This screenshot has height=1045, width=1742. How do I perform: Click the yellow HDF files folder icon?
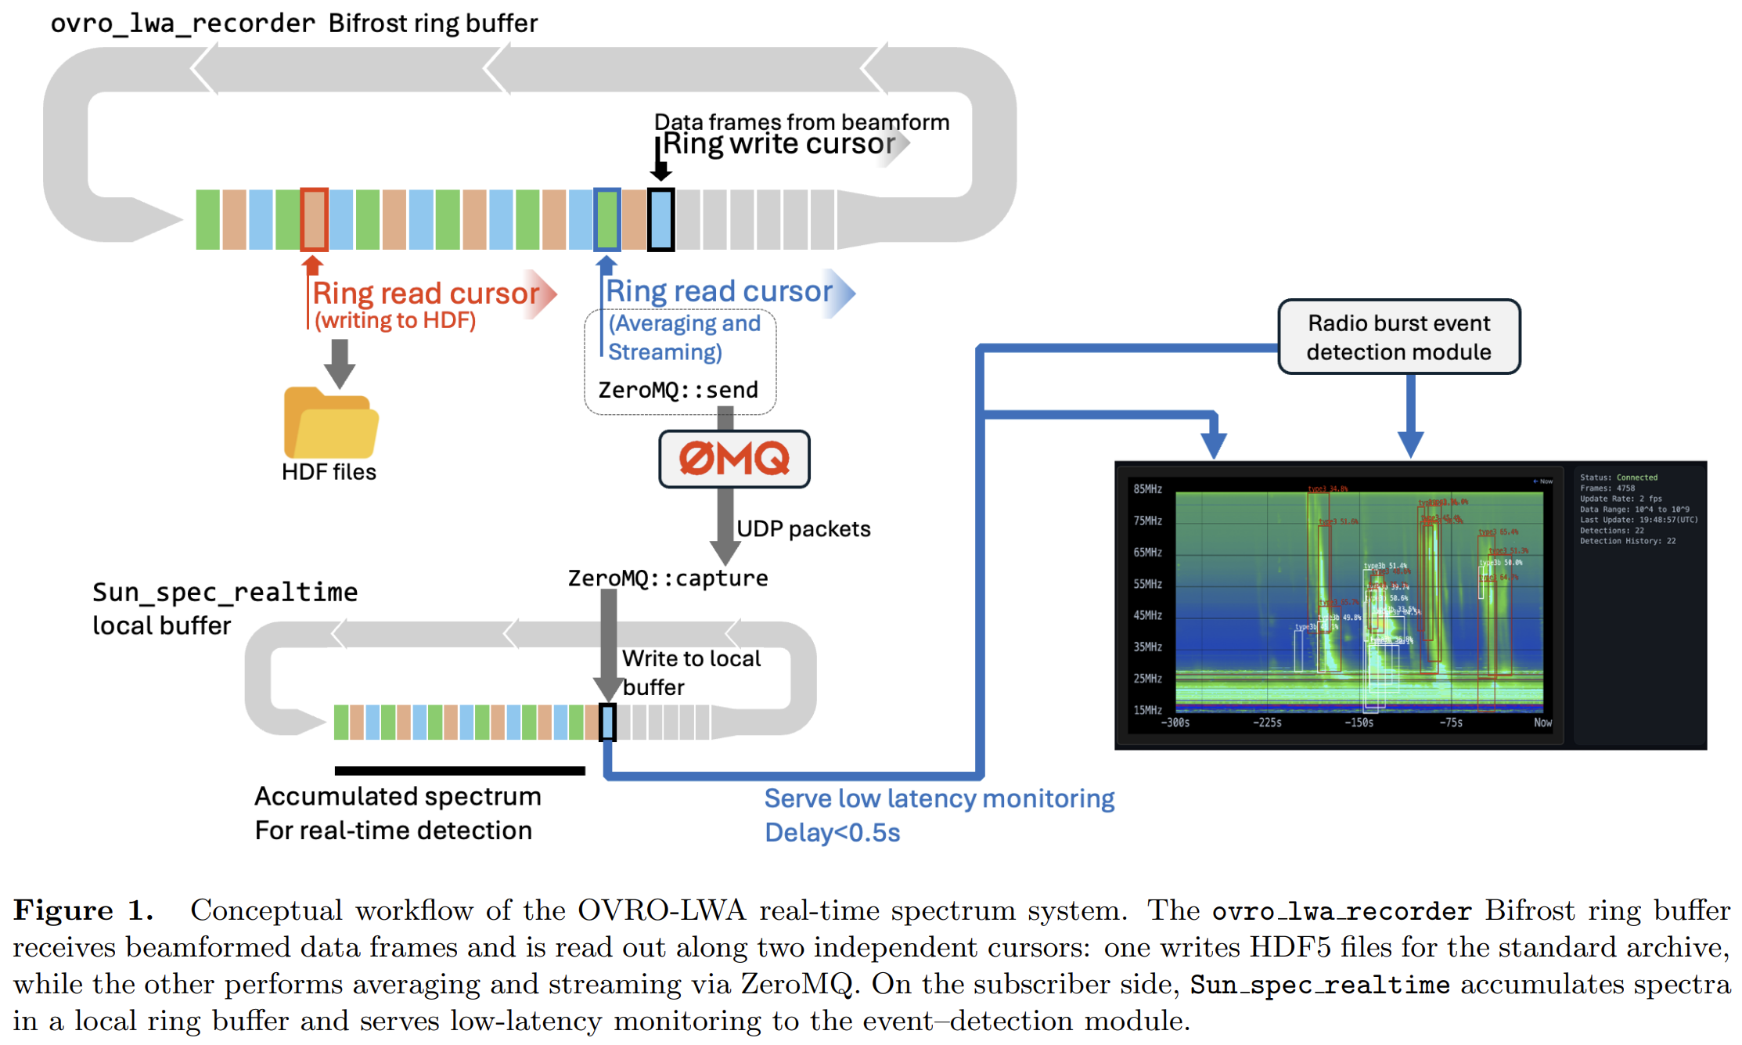[x=330, y=423]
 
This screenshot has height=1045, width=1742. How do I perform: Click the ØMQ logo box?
[x=734, y=459]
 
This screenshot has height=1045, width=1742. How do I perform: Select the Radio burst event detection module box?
[x=1398, y=337]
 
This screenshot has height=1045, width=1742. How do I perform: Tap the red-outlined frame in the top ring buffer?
[x=314, y=219]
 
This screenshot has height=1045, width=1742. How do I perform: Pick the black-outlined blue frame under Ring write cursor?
[x=660, y=220]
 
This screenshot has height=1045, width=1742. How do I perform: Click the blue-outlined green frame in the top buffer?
[x=607, y=219]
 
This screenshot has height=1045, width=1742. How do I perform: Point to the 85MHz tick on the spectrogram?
[x=1147, y=489]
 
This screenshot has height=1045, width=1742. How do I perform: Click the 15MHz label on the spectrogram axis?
[x=1147, y=710]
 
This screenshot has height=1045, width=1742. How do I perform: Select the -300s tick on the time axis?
[x=1175, y=722]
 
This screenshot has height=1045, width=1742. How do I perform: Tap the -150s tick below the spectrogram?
[x=1359, y=722]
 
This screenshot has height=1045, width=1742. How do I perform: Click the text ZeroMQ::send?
[x=678, y=390]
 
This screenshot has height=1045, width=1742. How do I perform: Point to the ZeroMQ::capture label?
[x=668, y=578]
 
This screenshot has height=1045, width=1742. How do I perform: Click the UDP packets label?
[x=804, y=529]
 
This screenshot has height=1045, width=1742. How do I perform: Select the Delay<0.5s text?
[x=832, y=833]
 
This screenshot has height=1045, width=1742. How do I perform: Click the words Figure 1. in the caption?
[x=83, y=911]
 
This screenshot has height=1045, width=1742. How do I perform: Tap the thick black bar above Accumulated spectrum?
[x=459, y=771]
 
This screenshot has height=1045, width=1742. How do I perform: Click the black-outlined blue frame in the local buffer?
[x=607, y=722]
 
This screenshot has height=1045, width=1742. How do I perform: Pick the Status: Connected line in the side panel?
[x=1618, y=477]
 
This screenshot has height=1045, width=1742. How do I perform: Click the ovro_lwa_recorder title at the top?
[x=182, y=23]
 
